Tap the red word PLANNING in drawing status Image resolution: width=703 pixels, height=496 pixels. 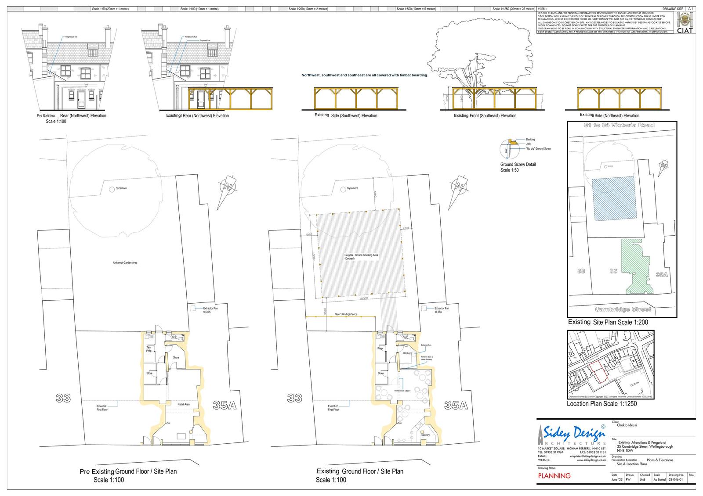click(554, 476)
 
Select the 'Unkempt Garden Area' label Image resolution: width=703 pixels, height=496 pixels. click(125, 263)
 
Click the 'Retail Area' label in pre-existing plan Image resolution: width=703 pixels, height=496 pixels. click(183, 404)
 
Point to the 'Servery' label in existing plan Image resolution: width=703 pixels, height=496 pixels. click(425, 435)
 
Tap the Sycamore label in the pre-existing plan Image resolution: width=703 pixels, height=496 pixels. click(121, 188)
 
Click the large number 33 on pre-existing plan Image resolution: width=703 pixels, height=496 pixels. click(63, 398)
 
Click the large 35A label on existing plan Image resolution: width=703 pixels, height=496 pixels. click(456, 406)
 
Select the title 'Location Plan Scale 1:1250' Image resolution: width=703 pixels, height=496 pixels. click(602, 403)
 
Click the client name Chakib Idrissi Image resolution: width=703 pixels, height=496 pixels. click(627, 425)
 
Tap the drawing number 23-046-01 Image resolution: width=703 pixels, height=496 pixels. click(675, 480)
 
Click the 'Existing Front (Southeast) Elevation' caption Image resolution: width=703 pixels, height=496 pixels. click(485, 116)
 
